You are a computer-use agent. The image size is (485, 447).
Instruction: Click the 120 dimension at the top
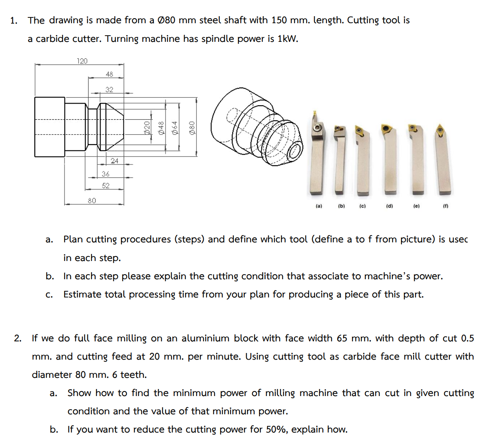click(x=82, y=61)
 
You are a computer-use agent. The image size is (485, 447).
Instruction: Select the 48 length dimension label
click(x=109, y=74)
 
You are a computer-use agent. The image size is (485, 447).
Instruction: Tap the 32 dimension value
click(x=109, y=89)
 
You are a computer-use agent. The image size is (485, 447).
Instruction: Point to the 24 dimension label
click(x=115, y=161)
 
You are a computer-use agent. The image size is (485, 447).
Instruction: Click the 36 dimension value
click(x=106, y=174)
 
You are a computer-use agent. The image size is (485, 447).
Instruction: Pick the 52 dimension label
click(x=106, y=186)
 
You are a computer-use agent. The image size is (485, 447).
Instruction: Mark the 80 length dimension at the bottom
click(x=92, y=201)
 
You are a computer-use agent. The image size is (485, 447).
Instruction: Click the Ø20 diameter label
click(x=146, y=127)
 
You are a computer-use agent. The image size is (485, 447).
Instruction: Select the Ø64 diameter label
click(x=175, y=127)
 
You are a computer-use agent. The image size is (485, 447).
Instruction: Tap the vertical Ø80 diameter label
click(x=192, y=127)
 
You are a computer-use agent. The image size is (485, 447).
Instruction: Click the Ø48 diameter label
click(x=161, y=127)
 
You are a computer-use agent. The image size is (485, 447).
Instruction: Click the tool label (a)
click(x=319, y=206)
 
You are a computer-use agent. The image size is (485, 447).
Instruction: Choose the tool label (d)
click(x=389, y=206)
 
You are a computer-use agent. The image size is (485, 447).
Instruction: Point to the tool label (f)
click(x=446, y=206)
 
